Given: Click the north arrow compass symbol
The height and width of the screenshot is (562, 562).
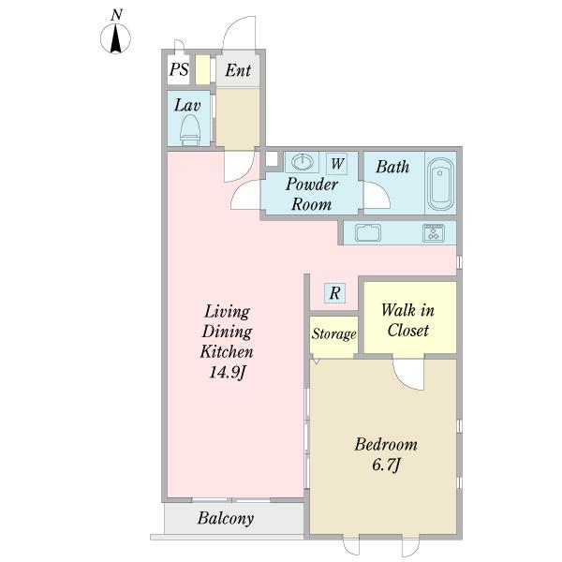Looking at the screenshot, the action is (x=115, y=38).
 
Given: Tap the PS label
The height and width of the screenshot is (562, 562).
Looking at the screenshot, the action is (x=179, y=69).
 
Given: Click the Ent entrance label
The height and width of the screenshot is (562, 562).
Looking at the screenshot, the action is (x=238, y=70).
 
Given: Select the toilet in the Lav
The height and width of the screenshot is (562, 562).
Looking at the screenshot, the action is (x=190, y=130).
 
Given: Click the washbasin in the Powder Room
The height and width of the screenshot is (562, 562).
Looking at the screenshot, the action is (x=303, y=162).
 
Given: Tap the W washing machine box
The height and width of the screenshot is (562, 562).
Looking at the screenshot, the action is (x=337, y=164).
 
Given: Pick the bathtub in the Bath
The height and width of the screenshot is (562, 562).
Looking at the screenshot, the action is (x=440, y=185).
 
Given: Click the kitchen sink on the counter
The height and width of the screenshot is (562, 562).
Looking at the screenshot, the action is (x=368, y=232).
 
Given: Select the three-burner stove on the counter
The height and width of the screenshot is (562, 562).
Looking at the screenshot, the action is (x=434, y=232).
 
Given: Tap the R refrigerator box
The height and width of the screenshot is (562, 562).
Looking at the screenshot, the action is (x=334, y=293).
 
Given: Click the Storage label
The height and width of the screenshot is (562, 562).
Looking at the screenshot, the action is (x=334, y=334).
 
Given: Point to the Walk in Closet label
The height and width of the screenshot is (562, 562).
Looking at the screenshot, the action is (x=407, y=320).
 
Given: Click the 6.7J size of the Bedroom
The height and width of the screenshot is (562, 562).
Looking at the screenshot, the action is (x=386, y=465).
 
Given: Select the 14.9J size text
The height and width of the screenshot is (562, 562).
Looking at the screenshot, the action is (x=227, y=372).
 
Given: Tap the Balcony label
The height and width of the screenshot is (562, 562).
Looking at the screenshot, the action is (x=226, y=518).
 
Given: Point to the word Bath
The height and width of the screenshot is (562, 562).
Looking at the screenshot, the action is (x=392, y=167).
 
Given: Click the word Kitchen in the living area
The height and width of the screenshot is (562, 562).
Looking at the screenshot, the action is (x=227, y=351).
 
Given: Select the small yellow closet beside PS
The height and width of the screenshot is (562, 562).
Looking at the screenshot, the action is (x=202, y=70).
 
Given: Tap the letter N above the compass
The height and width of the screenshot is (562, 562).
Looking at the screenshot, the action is (x=116, y=15).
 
